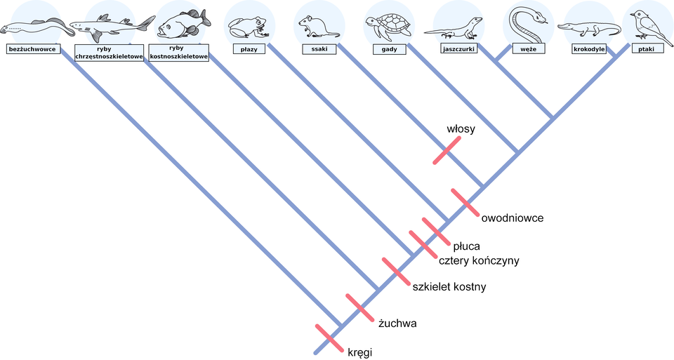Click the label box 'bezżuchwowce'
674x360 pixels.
point(32,49)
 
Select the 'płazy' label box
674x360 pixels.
point(248,49)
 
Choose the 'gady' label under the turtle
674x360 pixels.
point(390,49)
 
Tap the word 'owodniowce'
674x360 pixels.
point(513,218)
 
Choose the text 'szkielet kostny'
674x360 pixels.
point(449,287)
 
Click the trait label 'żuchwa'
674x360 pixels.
point(397,324)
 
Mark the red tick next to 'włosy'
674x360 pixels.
point(447,149)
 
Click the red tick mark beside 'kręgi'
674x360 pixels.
point(328,338)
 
